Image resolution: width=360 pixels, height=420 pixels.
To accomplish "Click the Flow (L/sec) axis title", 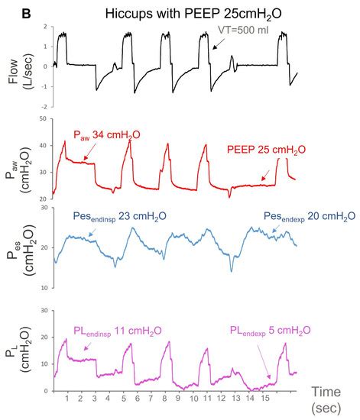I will tap(18, 66).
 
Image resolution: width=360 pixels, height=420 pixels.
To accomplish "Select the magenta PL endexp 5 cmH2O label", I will tap(271, 330).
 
